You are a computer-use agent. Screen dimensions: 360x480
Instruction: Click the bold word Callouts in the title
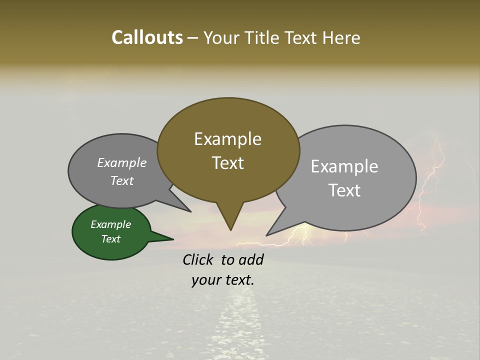(x=147, y=37)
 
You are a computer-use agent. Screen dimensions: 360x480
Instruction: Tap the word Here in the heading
(x=339, y=37)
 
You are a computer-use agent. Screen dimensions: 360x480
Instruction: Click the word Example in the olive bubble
(x=227, y=139)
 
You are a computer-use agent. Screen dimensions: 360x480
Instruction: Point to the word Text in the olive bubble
(x=227, y=163)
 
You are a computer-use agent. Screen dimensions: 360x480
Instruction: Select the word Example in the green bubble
(x=111, y=224)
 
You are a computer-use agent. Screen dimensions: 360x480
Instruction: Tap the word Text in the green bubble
(x=111, y=239)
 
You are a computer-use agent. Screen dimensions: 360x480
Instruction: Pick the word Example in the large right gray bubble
(x=344, y=166)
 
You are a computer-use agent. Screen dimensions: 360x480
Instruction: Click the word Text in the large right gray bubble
(x=344, y=190)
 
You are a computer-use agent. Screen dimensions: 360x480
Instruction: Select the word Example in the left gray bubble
(x=122, y=162)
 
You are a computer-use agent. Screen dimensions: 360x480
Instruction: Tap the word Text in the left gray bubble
(x=122, y=180)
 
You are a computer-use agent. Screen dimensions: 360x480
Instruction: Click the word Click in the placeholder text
(x=198, y=259)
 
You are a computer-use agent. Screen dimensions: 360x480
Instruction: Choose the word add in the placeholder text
(x=251, y=259)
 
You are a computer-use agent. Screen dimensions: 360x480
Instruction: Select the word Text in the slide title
(x=300, y=37)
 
